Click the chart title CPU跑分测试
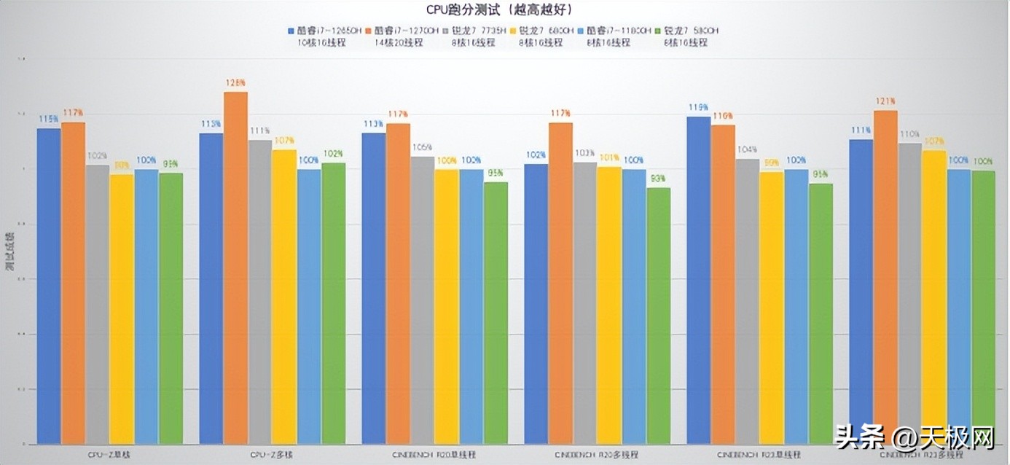click(499, 9)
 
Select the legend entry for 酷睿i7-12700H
click(407, 31)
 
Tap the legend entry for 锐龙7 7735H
click(477, 31)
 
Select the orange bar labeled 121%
click(885, 277)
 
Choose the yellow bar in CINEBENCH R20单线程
click(447, 306)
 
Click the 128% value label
click(235, 83)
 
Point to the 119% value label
click(698, 108)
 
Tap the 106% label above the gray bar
click(423, 147)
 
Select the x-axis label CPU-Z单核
click(109, 454)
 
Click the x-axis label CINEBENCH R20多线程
click(597, 454)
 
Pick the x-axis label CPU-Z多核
click(272, 454)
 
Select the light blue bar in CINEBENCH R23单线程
click(796, 306)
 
